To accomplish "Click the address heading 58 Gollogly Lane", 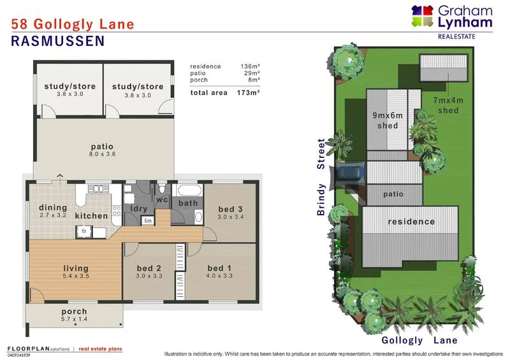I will pyautogui.click(x=73, y=25).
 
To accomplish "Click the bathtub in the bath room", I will pyautogui.click(x=188, y=191).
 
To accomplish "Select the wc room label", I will pyautogui.click(x=161, y=200).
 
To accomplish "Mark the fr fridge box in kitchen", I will pyautogui.click(x=84, y=231).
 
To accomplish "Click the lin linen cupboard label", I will pyautogui.click(x=147, y=220).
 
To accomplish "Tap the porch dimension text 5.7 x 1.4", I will pyautogui.click(x=74, y=319).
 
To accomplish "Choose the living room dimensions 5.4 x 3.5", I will pyautogui.click(x=75, y=276).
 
